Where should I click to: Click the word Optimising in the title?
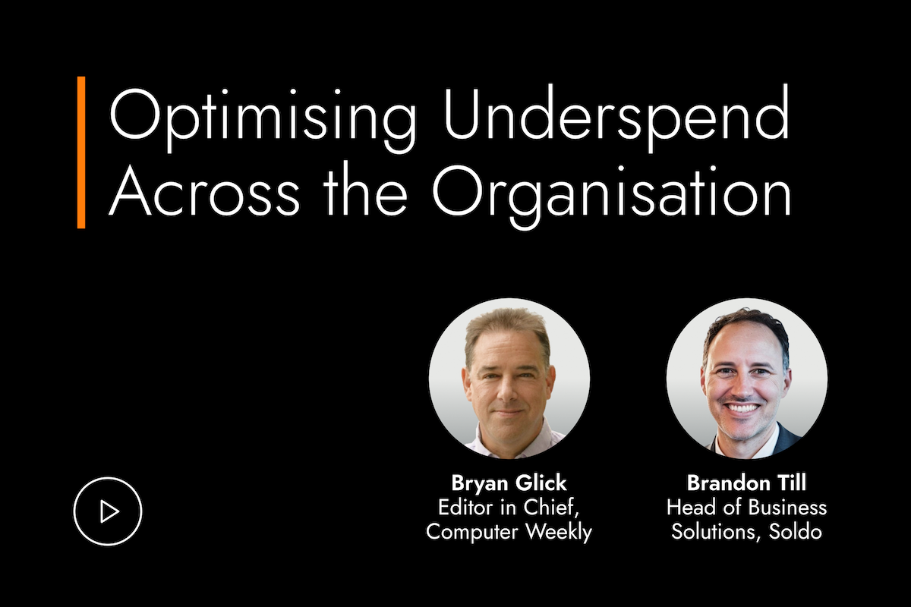[263, 118]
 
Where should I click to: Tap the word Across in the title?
[204, 190]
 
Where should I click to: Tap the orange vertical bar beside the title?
[81, 152]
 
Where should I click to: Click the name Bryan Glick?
[509, 483]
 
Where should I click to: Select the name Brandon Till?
[746, 483]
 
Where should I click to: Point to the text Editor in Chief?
[509, 508]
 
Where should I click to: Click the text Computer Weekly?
[509, 531]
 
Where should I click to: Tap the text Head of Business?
[746, 508]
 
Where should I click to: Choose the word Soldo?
[795, 531]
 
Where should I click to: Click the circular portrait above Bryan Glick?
[509, 378]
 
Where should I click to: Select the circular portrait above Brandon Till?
[747, 378]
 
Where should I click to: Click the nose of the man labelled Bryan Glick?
[506, 392]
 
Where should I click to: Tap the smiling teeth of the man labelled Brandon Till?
[742, 407]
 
